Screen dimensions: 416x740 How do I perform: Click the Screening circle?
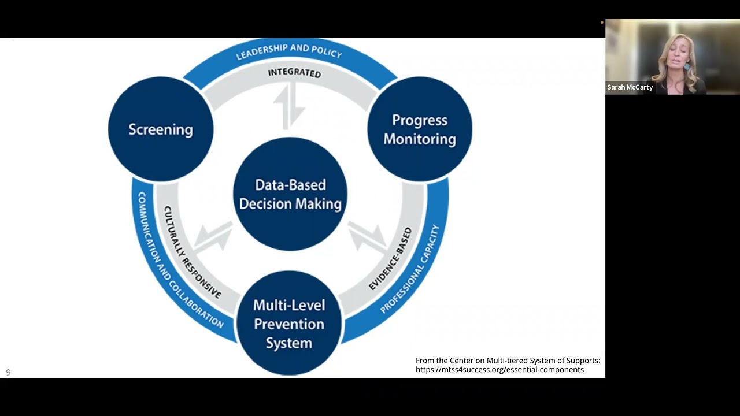161,129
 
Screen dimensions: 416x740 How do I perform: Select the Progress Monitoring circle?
420,129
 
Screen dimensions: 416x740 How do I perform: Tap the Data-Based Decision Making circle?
290,194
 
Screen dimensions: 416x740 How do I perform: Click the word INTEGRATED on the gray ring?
294,73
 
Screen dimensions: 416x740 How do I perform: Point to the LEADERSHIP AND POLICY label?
289,51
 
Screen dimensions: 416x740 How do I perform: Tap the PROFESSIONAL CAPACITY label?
410,269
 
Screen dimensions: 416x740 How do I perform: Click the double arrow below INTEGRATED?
289,106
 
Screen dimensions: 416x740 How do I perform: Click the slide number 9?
8,373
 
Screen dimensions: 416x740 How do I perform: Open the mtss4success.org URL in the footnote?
499,370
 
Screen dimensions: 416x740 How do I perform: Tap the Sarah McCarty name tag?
630,87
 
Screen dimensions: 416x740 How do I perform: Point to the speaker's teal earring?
687,66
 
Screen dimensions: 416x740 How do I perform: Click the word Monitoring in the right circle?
420,139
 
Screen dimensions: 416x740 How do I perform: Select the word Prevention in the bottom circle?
289,324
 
